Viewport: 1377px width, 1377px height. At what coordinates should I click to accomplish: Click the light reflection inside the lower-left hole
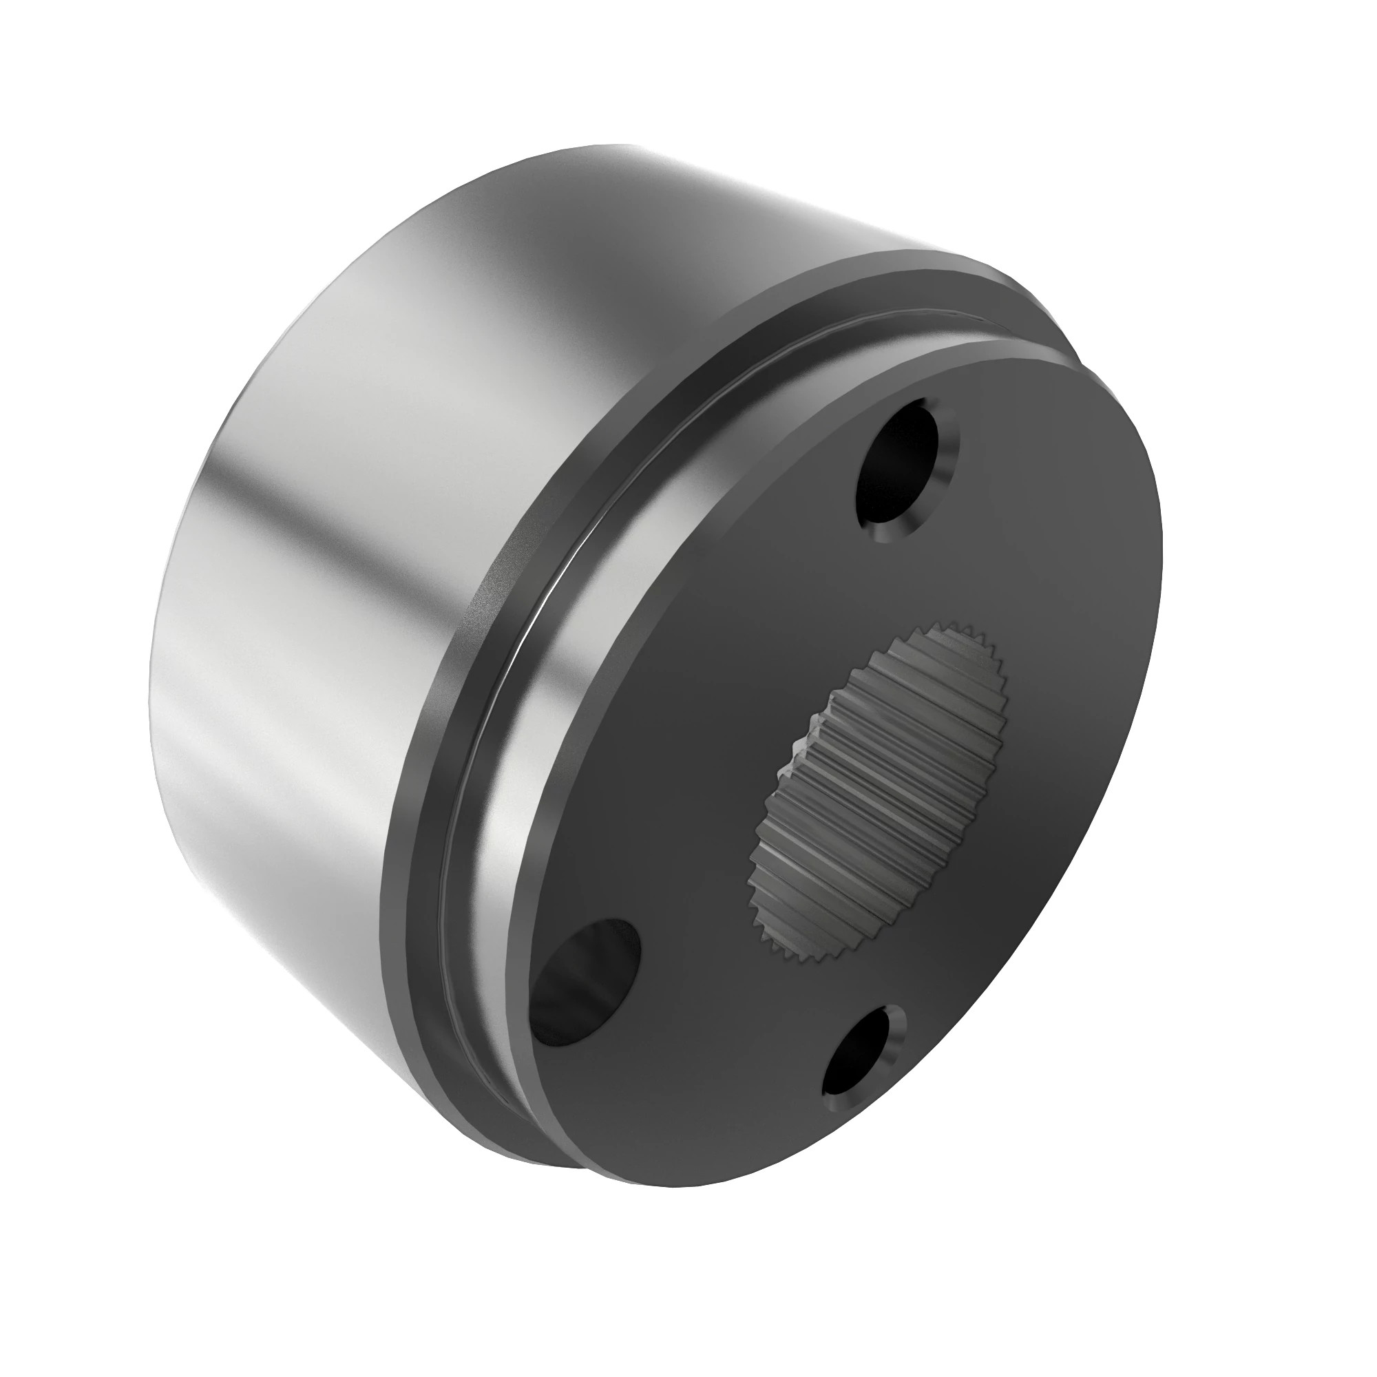pos(570,998)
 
